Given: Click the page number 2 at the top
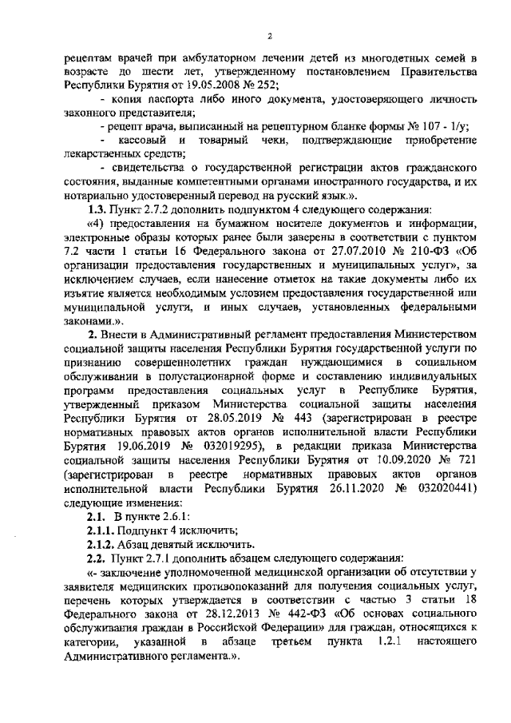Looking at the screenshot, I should coord(270,36).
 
